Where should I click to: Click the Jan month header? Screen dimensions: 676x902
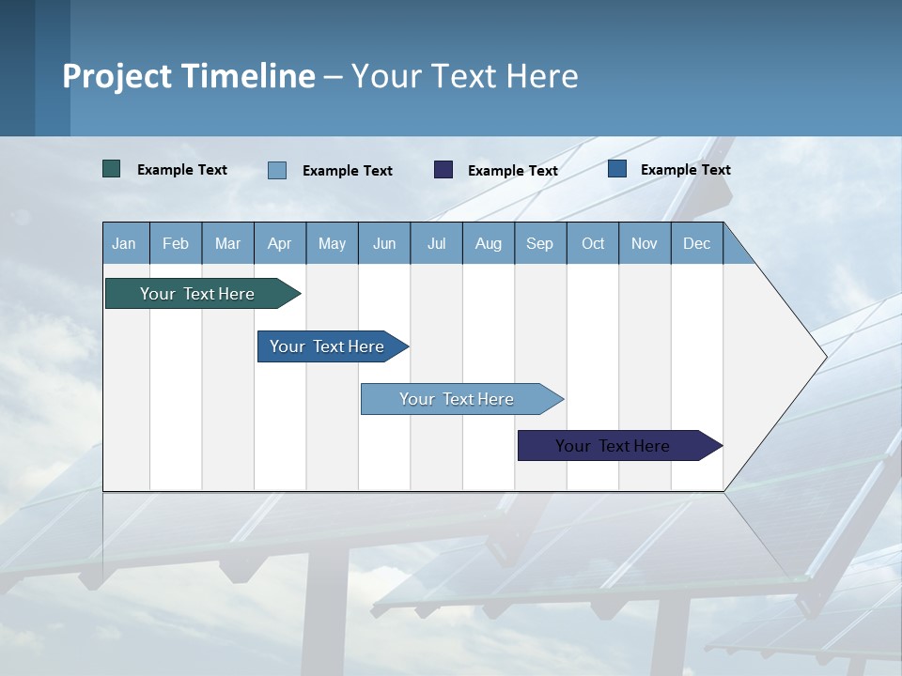124,243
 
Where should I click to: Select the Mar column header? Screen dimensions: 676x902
227,243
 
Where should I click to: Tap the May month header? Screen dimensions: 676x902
332,243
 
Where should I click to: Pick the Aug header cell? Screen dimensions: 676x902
488,243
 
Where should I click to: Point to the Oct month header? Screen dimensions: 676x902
593,243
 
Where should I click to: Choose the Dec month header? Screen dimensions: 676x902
696,243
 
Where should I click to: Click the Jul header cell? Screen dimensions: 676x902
436,243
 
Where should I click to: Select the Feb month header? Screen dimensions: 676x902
176,243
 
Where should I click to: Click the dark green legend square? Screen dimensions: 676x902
112,169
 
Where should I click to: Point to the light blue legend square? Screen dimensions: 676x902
277,170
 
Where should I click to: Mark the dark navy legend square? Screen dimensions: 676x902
443,169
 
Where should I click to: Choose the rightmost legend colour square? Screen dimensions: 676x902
617,169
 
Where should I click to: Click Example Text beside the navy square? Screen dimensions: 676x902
512,171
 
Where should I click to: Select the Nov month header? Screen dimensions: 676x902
645,243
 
